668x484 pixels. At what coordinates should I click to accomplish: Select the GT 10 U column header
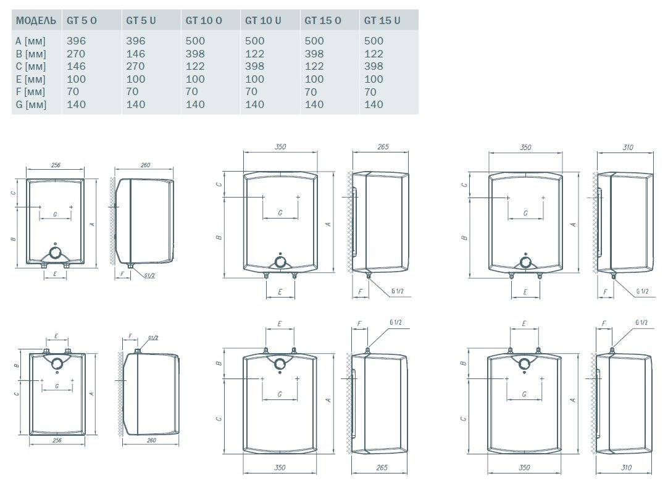pyautogui.click(x=263, y=20)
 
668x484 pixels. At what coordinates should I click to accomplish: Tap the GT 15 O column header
pyautogui.click(x=323, y=20)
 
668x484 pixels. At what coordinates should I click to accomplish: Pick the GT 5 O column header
pyautogui.click(x=81, y=20)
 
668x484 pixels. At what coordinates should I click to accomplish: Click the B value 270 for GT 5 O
pyautogui.click(x=76, y=54)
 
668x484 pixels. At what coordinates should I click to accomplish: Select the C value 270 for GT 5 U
pyautogui.click(x=136, y=67)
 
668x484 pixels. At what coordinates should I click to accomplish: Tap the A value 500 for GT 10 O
pyautogui.click(x=195, y=41)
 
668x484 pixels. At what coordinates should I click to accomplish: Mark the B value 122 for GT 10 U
pyautogui.click(x=254, y=54)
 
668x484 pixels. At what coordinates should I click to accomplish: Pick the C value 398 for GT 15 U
pyautogui.click(x=374, y=67)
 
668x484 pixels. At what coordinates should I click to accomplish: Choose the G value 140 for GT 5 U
pyautogui.click(x=136, y=104)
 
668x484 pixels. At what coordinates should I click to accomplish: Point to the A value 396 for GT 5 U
pyautogui.click(x=136, y=41)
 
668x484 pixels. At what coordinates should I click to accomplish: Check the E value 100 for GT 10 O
pyautogui.click(x=195, y=79)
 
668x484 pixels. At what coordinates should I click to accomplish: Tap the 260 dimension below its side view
pyautogui.click(x=146, y=440)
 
